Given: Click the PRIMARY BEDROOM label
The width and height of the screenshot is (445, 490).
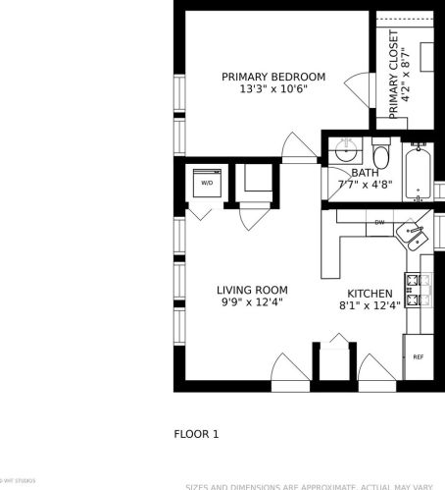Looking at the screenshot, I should click(x=273, y=77).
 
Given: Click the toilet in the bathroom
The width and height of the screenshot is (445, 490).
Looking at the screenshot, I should click(x=381, y=156).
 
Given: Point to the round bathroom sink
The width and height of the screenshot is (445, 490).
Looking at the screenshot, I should click(x=345, y=152).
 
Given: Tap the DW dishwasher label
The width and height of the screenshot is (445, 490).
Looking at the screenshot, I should click(x=379, y=223).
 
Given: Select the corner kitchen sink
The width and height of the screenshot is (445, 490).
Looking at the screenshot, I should click(x=412, y=236).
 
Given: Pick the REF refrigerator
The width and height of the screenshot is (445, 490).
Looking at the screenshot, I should click(x=418, y=356).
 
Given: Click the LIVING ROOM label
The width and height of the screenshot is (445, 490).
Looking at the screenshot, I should click(x=252, y=290).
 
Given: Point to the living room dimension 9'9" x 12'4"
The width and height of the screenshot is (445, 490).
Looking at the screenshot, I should click(x=252, y=303).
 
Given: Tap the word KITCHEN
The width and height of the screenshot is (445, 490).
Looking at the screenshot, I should click(x=370, y=294).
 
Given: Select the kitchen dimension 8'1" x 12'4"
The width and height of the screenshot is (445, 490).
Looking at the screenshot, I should click(x=370, y=306).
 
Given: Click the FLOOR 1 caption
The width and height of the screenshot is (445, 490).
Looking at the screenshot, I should click(x=196, y=433).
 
